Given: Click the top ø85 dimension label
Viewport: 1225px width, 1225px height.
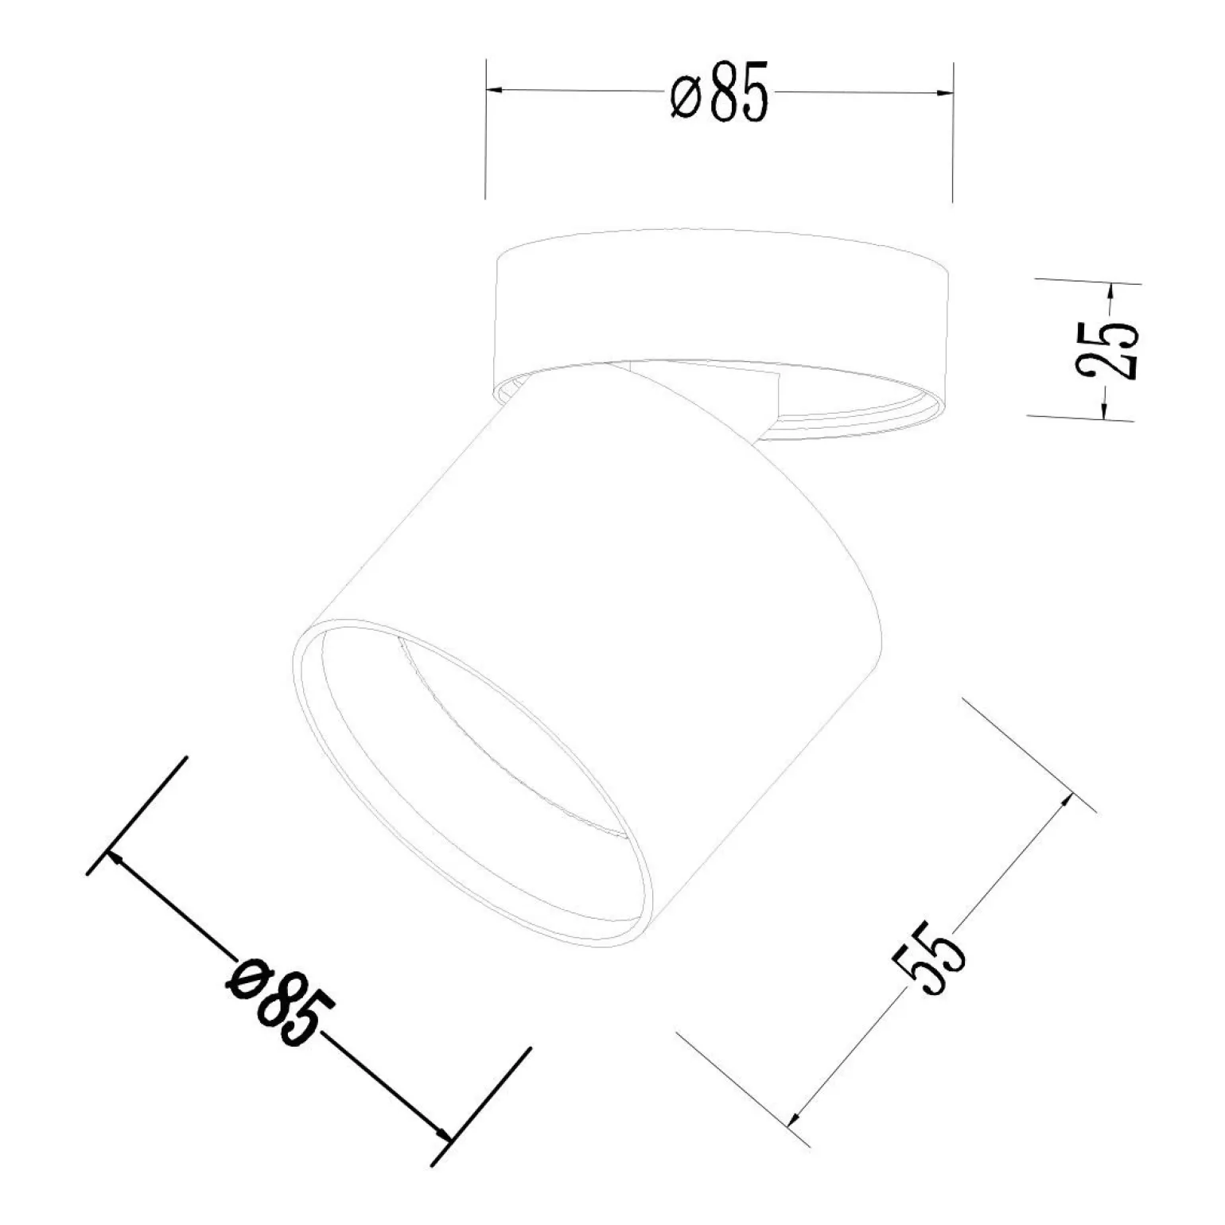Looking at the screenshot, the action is [719, 91].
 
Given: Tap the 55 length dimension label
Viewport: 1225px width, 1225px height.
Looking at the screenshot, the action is [929, 959].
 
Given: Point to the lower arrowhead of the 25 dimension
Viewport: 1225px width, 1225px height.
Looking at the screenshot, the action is [1106, 406].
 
